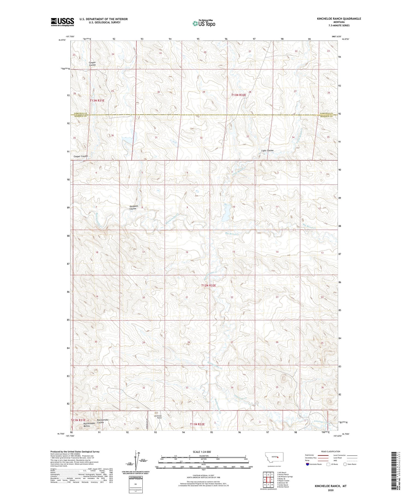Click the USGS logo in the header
[x=62, y=22]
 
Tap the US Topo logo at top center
[x=204, y=24]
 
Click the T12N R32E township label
[x=209, y=285]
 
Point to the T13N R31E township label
[x=97, y=101]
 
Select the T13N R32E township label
[x=239, y=95]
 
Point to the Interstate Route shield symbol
[x=308, y=464]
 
